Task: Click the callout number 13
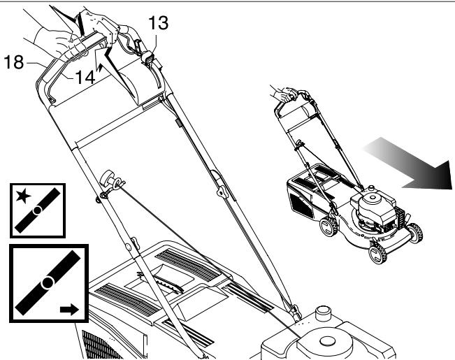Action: coord(159,23)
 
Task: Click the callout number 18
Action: coord(14,62)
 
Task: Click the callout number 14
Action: coord(85,78)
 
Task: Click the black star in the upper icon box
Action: coord(23,196)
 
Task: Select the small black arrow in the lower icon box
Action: coord(69,310)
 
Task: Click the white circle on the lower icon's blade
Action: coord(47,283)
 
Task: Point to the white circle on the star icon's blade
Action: coord(37,210)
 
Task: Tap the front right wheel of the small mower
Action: coord(417,233)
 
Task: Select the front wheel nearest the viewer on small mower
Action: coord(378,253)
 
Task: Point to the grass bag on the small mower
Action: coord(310,192)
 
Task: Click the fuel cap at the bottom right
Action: coord(323,314)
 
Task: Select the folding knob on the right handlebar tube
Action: coord(222,192)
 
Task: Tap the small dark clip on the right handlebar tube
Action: coord(178,123)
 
